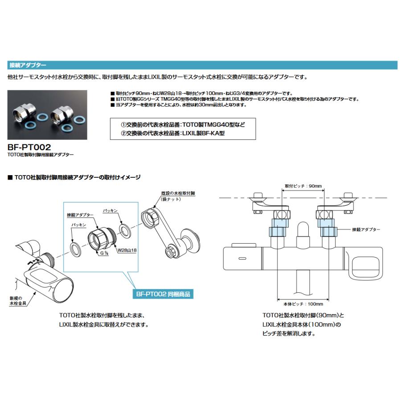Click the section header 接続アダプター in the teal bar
click(28, 65)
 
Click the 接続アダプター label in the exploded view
click(80, 215)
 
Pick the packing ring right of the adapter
click(125, 229)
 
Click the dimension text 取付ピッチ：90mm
click(303, 186)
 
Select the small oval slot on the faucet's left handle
click(243, 258)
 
